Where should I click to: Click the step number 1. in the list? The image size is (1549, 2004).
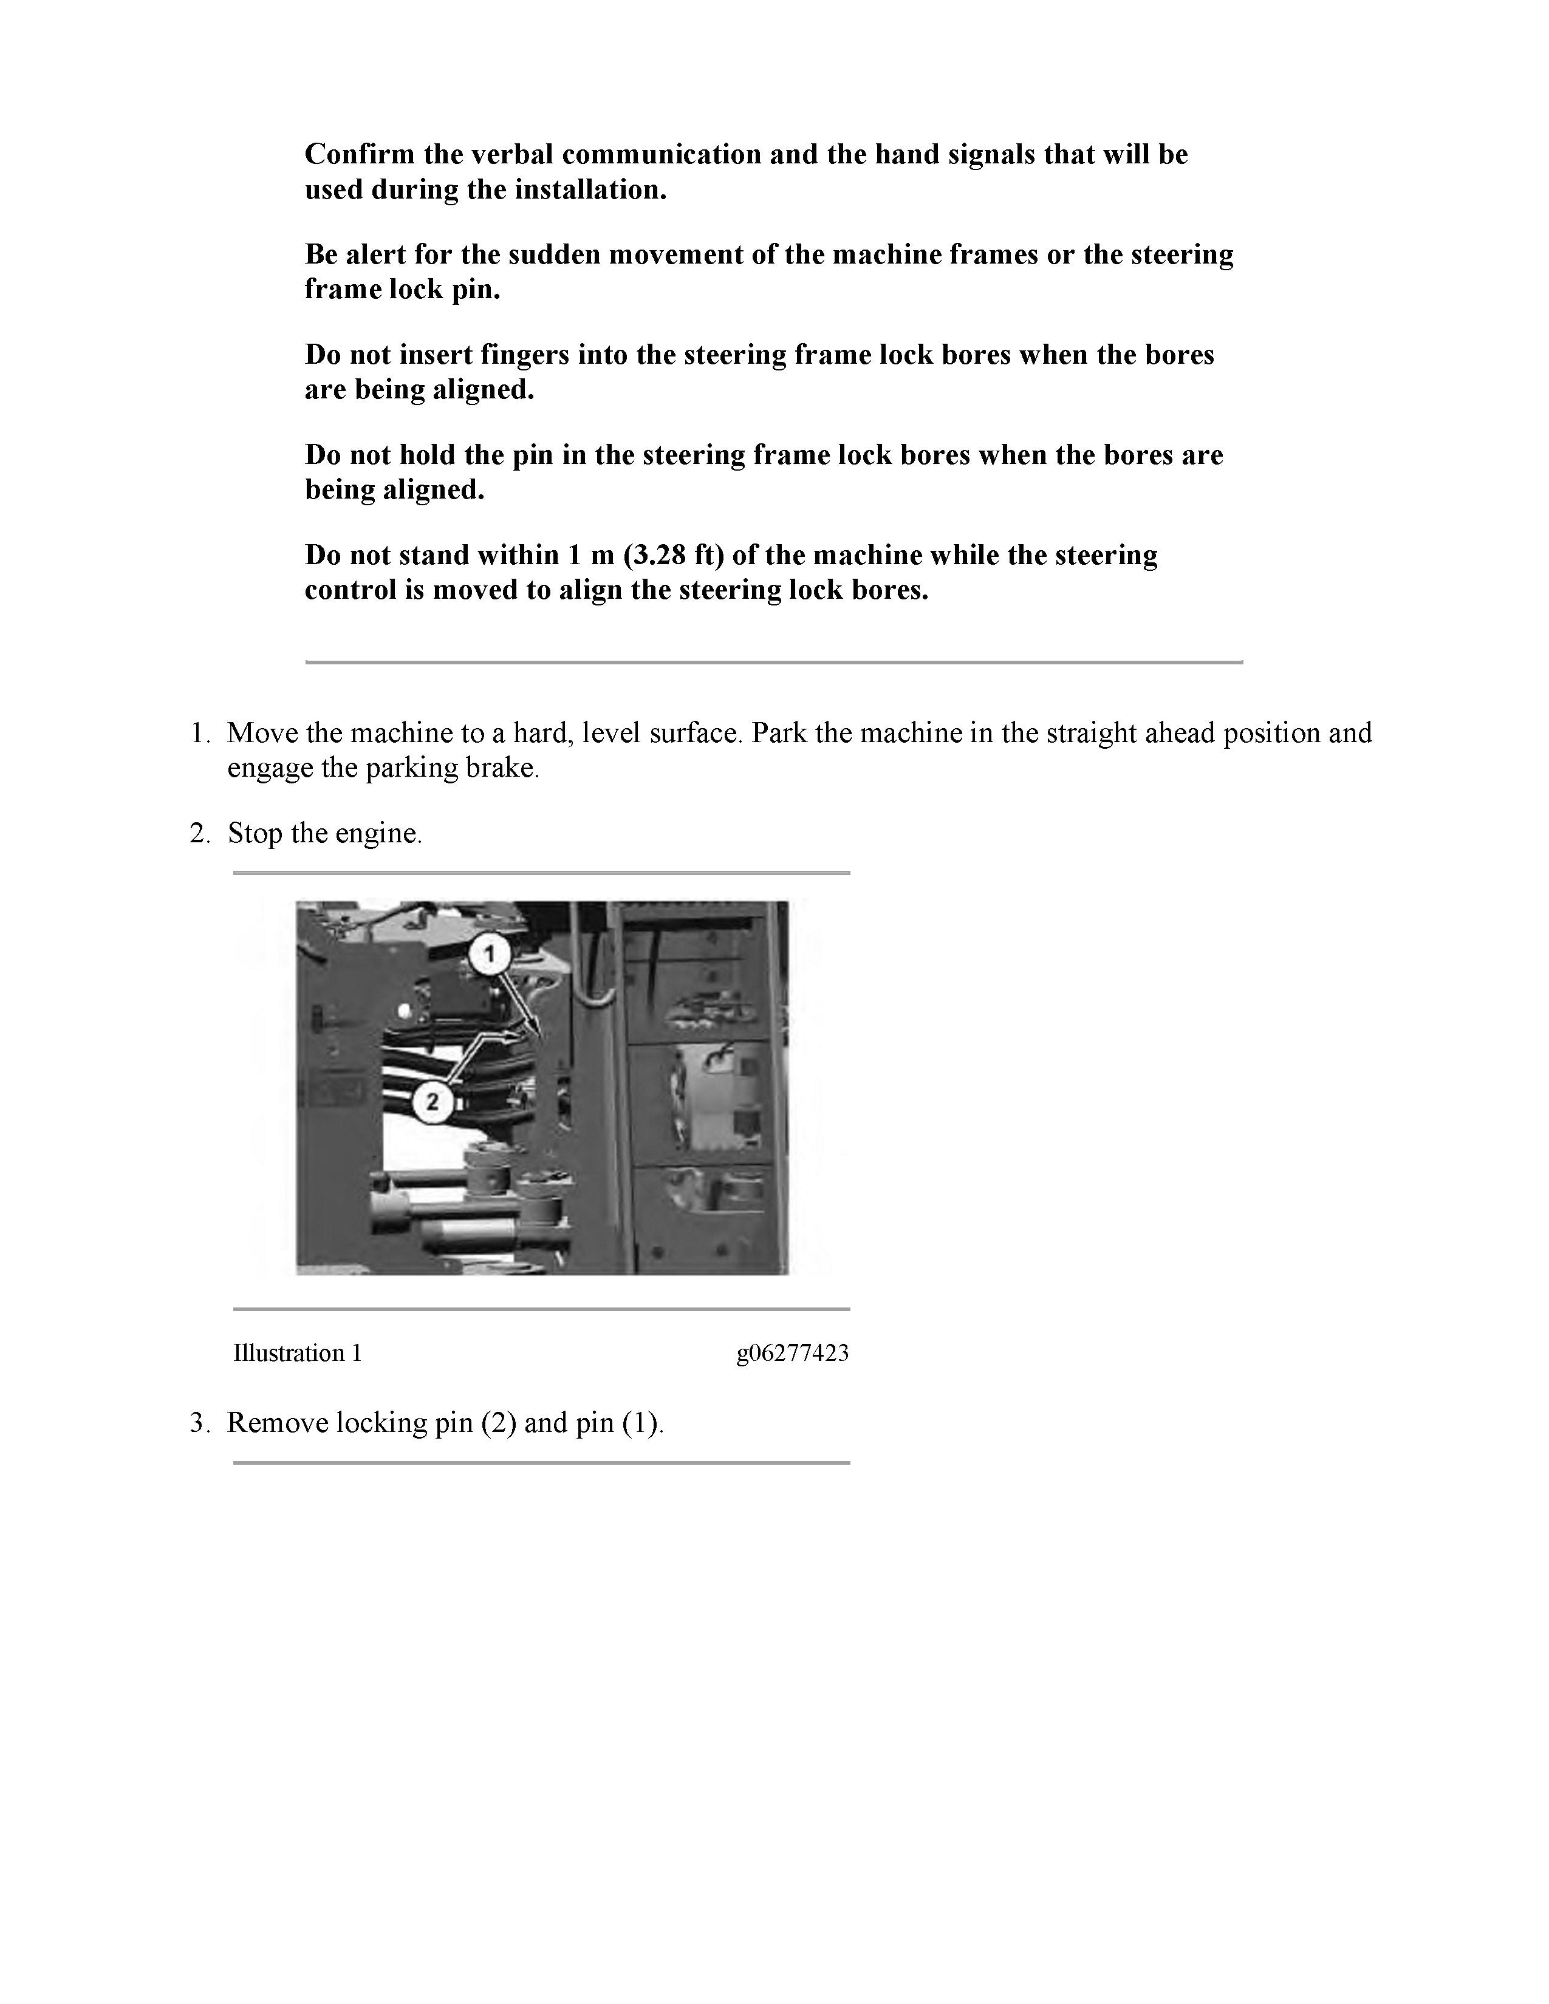pos(201,733)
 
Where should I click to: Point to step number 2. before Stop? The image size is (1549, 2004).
pos(201,833)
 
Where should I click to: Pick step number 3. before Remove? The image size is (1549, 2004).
pos(201,1423)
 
